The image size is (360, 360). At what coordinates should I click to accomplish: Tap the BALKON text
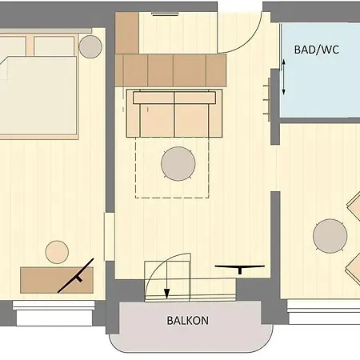click(188, 321)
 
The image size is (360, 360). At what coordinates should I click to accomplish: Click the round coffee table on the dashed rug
click(178, 165)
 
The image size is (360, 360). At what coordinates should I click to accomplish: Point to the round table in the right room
click(330, 236)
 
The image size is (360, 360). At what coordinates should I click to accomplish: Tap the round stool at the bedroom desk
click(57, 251)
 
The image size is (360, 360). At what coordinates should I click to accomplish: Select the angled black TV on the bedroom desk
click(78, 274)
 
